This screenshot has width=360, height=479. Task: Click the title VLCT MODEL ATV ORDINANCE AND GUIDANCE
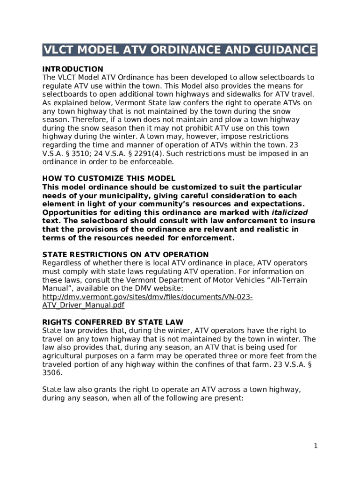[180, 50]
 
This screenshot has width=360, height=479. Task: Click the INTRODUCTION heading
[72, 69]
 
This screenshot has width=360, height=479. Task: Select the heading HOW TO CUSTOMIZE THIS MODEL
[108, 178]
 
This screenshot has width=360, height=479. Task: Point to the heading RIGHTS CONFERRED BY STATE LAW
[113, 322]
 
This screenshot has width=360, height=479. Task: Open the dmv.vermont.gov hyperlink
[148, 297]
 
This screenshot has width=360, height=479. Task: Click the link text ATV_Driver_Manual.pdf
[83, 305]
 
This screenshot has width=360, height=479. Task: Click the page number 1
[316, 446]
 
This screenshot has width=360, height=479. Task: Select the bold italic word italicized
[289, 212]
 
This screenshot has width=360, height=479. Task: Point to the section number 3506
[52, 373]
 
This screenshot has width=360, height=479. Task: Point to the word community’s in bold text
[184, 204]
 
